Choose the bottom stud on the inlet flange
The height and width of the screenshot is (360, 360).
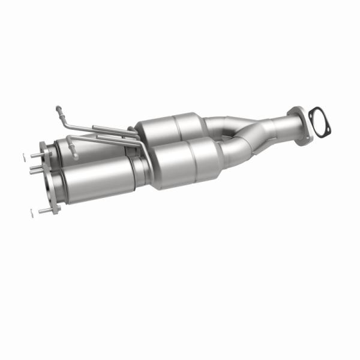(45, 211)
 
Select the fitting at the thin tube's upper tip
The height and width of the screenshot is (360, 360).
(58, 109)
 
